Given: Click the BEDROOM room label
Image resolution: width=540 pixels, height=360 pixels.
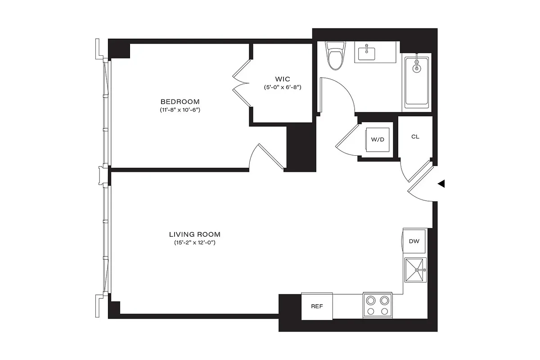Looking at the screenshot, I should tap(180, 101).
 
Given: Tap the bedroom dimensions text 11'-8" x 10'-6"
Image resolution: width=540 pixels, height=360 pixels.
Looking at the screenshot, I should tap(180, 110).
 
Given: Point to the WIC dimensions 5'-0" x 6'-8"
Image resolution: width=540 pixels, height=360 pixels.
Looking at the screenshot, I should tap(282, 87).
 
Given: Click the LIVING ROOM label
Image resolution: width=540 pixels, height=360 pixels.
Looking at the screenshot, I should tap(194, 234).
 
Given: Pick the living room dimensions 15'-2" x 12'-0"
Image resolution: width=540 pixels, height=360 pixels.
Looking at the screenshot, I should tap(194, 243).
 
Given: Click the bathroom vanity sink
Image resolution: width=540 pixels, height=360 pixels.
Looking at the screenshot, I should tap(367, 54).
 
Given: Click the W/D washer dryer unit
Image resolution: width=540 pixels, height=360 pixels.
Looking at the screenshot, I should tap(378, 139).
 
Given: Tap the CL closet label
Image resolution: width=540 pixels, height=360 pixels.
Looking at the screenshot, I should tap(415, 136).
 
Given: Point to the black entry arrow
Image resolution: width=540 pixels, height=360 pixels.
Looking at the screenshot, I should tap(441, 183).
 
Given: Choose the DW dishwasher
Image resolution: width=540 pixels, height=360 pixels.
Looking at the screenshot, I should tap(414, 241).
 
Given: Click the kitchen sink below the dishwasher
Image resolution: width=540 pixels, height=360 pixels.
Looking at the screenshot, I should tap(415, 270).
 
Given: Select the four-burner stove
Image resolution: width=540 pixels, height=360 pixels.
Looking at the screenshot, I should tap(378, 305).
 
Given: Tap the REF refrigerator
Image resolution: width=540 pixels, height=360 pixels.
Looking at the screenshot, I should tap(317, 306).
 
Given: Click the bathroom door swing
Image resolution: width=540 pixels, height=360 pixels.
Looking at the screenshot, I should tap(337, 94).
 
